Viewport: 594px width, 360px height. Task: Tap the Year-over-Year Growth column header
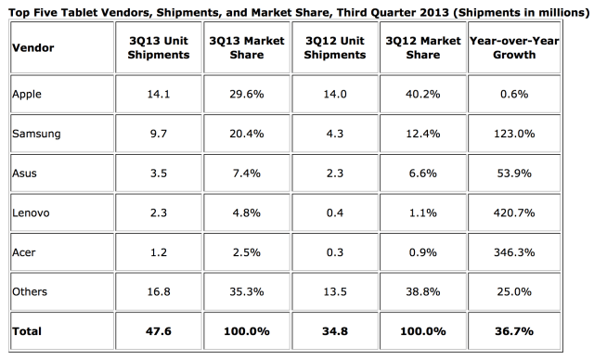pyautogui.click(x=525, y=48)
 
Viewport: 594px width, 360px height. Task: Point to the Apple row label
pyautogui.click(x=28, y=94)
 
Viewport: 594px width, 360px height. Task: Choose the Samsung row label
pyautogui.click(x=36, y=134)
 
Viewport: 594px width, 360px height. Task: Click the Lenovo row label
pyautogui.click(x=32, y=212)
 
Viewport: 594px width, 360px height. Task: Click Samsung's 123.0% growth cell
pyautogui.click(x=525, y=134)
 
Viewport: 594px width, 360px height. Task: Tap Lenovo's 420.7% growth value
pyautogui.click(x=525, y=212)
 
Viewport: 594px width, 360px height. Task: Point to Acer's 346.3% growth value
pyautogui.click(x=525, y=252)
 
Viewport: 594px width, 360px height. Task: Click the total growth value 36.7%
pyautogui.click(x=525, y=330)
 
